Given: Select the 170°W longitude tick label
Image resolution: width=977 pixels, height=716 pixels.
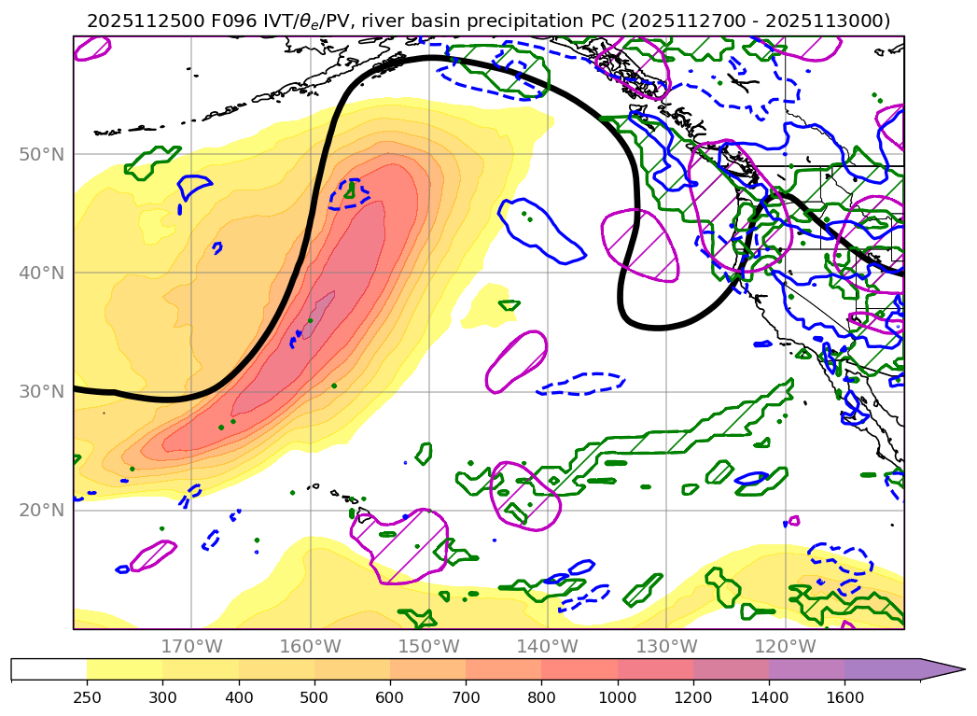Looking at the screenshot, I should (x=191, y=646).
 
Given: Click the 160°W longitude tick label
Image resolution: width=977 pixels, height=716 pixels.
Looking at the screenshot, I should (x=310, y=646).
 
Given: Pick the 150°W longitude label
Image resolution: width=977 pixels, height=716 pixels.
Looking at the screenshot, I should (x=428, y=646).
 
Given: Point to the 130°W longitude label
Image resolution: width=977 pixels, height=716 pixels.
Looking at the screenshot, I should (x=666, y=646).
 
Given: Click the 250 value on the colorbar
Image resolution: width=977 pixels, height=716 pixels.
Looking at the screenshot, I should (x=87, y=697).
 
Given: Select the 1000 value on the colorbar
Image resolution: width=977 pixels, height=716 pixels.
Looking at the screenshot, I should (x=618, y=697).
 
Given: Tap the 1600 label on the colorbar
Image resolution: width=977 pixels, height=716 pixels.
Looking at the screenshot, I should (x=844, y=697).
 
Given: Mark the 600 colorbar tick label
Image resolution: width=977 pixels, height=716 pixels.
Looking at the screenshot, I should (x=390, y=697).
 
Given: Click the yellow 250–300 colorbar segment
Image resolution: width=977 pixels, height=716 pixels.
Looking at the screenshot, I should (x=124, y=669).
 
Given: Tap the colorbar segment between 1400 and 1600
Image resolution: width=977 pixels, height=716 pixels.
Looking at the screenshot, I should (x=807, y=669).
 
